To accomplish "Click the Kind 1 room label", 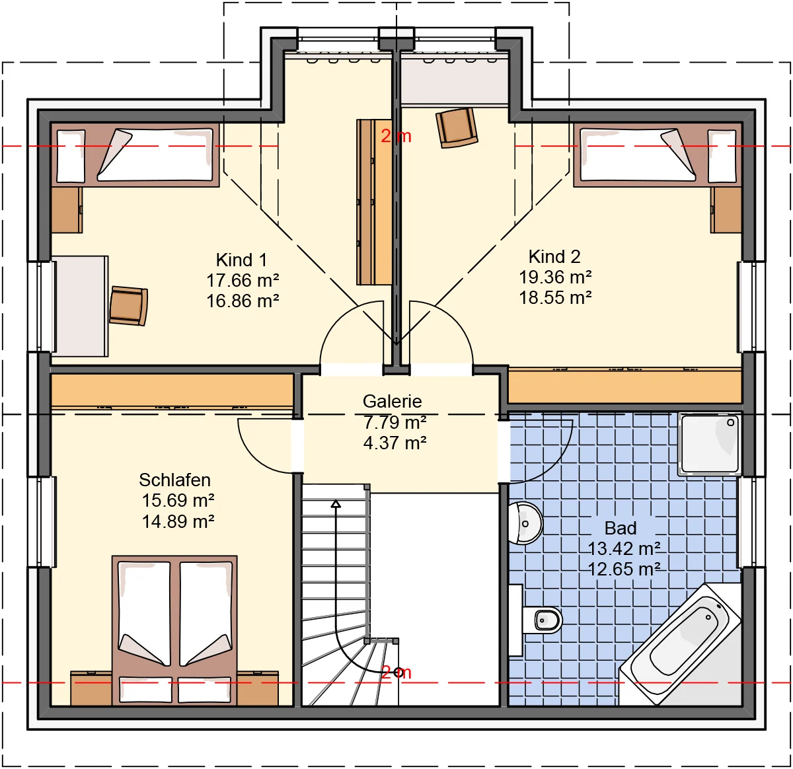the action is pyautogui.click(x=241, y=260).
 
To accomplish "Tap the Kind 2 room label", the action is pyautogui.click(x=554, y=256).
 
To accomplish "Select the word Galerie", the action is pyautogui.click(x=392, y=401).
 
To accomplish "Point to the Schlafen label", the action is pyautogui.click(x=175, y=480).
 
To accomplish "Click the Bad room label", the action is pyautogui.click(x=621, y=528).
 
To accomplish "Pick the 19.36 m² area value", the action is pyautogui.click(x=555, y=277).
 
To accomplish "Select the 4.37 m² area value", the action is pyautogui.click(x=395, y=443).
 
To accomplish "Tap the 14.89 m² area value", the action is pyautogui.click(x=178, y=521).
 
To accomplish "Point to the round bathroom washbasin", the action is pyautogui.click(x=525, y=523).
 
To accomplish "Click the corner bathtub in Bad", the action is pyautogui.click(x=680, y=643).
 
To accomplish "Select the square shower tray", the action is pyautogui.click(x=710, y=445).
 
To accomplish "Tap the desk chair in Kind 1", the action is pyautogui.click(x=129, y=306).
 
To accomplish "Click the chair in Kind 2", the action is pyautogui.click(x=457, y=128).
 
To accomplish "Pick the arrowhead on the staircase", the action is pyautogui.click(x=336, y=504).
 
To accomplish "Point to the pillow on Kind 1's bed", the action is pyautogui.click(x=71, y=156).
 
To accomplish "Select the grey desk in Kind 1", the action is pyautogui.click(x=80, y=307).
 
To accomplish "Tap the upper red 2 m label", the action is pyautogui.click(x=396, y=136).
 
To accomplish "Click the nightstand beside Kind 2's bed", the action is pyautogui.click(x=726, y=210).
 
